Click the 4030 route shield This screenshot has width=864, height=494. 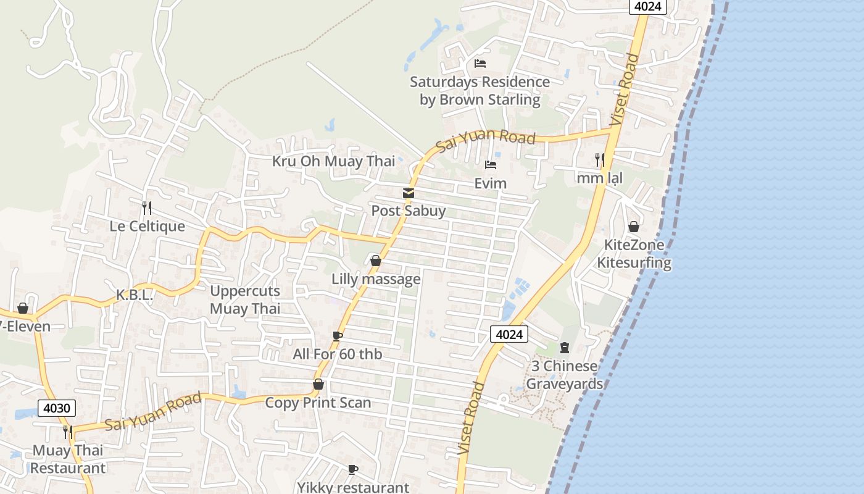(x=57, y=408)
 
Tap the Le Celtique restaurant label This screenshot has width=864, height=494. (x=147, y=226)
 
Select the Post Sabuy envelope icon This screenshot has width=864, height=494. (x=408, y=193)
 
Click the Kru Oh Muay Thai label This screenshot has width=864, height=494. (x=333, y=161)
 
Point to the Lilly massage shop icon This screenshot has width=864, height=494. (x=375, y=261)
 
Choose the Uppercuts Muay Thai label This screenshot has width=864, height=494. (x=245, y=299)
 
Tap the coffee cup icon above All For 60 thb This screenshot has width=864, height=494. (x=337, y=336)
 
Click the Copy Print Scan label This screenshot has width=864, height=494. (x=318, y=403)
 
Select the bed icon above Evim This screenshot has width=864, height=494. (x=491, y=165)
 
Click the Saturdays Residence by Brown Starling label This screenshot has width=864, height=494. (x=480, y=91)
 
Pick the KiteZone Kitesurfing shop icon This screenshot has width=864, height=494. (x=633, y=227)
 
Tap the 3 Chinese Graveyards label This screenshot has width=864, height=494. (x=564, y=375)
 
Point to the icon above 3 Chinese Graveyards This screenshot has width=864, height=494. (x=564, y=348)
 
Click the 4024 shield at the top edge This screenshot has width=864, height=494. (x=647, y=6)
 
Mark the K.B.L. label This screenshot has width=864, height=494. (x=135, y=295)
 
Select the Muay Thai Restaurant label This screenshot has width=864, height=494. (x=68, y=459)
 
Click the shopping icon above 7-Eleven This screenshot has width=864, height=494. (x=23, y=308)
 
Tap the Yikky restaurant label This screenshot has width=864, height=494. (x=353, y=487)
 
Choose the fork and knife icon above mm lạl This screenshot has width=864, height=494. (x=599, y=160)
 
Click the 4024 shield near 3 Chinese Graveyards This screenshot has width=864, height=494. (x=509, y=335)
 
